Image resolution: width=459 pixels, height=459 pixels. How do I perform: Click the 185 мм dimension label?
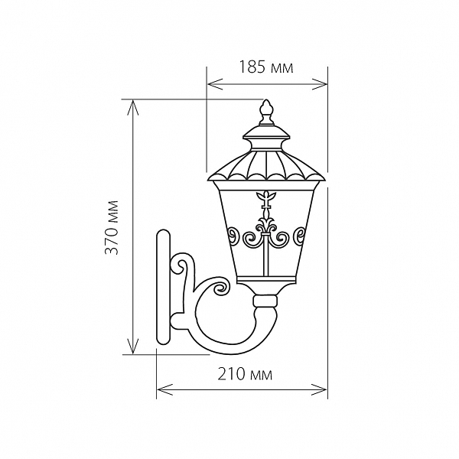click(266, 67)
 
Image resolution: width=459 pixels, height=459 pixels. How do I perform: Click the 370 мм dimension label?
click(112, 227)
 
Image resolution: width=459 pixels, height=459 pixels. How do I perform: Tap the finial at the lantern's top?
click(265, 111)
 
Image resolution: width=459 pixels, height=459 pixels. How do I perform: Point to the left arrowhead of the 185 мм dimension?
click(215, 84)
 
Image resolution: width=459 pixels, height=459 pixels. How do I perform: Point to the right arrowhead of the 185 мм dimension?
click(319, 84)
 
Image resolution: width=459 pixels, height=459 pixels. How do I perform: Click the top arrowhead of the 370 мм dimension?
click(133, 108)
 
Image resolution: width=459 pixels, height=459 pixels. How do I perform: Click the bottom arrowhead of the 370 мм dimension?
click(133, 346)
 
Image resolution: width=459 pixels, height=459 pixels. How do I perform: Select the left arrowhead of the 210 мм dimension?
click(164, 389)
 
